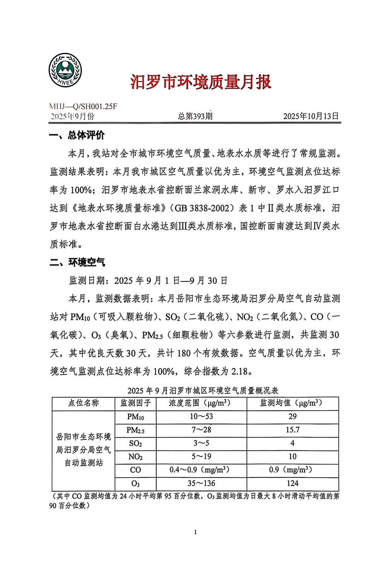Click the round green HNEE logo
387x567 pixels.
(x=65, y=70)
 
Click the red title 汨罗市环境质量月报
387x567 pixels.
(x=200, y=82)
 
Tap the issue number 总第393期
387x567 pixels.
(x=195, y=116)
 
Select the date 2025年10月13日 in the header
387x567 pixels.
(x=311, y=116)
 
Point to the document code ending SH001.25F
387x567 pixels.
(x=83, y=107)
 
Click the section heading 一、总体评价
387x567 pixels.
(x=77, y=135)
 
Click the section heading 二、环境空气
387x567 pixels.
(x=77, y=262)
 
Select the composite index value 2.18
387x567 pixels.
(x=240, y=371)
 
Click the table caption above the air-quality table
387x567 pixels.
(x=203, y=391)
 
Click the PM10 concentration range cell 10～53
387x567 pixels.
(x=201, y=417)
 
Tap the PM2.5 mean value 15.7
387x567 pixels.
(x=293, y=430)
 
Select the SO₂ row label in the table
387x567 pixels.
(x=135, y=443)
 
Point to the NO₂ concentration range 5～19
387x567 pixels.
(x=201, y=456)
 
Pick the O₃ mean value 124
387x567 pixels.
(x=293, y=483)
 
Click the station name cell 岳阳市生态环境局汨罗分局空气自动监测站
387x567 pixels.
(x=84, y=450)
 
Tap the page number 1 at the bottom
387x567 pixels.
(x=195, y=532)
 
